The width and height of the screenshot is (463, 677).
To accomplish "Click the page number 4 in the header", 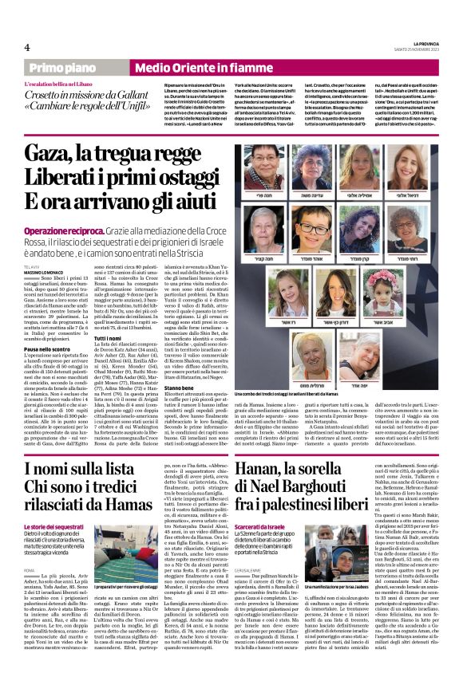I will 26,47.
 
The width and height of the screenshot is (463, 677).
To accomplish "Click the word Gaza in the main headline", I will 49,152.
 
